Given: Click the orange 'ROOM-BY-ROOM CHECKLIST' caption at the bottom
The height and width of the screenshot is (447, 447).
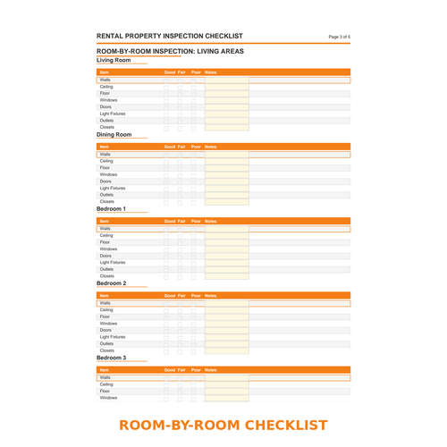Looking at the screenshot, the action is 223,425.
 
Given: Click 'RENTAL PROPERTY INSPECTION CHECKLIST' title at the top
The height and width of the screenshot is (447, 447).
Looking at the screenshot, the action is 170,36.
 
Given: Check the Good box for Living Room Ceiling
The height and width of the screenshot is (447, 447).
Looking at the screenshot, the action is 166,87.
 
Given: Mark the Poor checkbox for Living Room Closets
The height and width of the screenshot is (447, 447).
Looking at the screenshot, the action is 193,127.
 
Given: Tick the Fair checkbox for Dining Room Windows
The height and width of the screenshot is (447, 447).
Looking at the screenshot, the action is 180,174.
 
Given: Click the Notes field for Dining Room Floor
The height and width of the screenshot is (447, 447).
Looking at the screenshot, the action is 226,168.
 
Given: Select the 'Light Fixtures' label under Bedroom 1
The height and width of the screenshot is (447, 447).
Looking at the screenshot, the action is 113,262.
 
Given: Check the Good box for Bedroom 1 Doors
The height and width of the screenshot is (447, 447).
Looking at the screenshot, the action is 166,256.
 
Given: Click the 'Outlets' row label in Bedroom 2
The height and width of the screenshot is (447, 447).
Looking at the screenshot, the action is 106,343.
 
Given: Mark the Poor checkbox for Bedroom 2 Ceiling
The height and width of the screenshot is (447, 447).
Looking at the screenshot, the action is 193,309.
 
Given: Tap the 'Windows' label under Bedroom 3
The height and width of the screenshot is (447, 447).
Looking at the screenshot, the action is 108,398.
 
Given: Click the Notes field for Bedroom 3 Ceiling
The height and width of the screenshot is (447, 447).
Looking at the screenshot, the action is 226,384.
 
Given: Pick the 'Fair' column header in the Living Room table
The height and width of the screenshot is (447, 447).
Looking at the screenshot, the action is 181,72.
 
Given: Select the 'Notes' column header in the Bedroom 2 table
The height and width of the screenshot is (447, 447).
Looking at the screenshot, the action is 211,295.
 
